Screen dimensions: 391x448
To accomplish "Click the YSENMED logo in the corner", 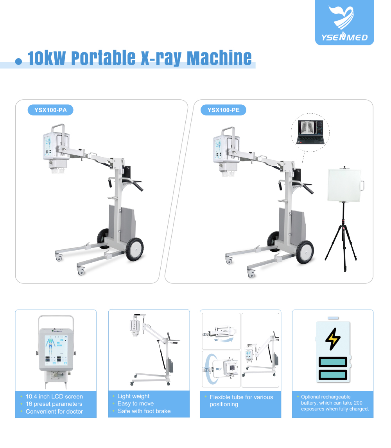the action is [344, 22].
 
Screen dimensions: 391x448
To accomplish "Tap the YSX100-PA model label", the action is [50, 110].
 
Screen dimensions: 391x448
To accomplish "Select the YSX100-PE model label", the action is [223, 110].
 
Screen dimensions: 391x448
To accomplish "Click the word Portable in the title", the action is [104, 58].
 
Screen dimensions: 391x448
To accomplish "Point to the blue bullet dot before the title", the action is [19, 61].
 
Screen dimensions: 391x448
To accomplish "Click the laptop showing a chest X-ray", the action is [310, 132].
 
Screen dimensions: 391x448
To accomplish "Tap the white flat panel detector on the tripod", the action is [345, 185].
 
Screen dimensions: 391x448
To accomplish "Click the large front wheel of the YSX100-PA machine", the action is [135, 249].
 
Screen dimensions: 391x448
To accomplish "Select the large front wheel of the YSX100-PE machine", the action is [305, 252].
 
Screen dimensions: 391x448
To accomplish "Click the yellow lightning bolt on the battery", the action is [333, 339].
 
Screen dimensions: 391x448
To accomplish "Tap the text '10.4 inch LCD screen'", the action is [54, 396].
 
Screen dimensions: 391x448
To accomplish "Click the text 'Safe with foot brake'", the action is [144, 411].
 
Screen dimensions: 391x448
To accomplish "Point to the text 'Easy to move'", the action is [135, 404].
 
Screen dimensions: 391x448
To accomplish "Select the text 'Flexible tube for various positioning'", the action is [241, 401].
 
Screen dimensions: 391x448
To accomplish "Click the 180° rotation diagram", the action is [221, 369].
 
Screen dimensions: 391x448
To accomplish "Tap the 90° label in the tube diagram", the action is [216, 340].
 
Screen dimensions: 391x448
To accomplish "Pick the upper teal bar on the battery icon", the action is [333, 362].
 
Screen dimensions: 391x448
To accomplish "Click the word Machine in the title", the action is [219, 58].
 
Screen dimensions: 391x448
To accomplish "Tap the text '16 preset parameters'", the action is [54, 404].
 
